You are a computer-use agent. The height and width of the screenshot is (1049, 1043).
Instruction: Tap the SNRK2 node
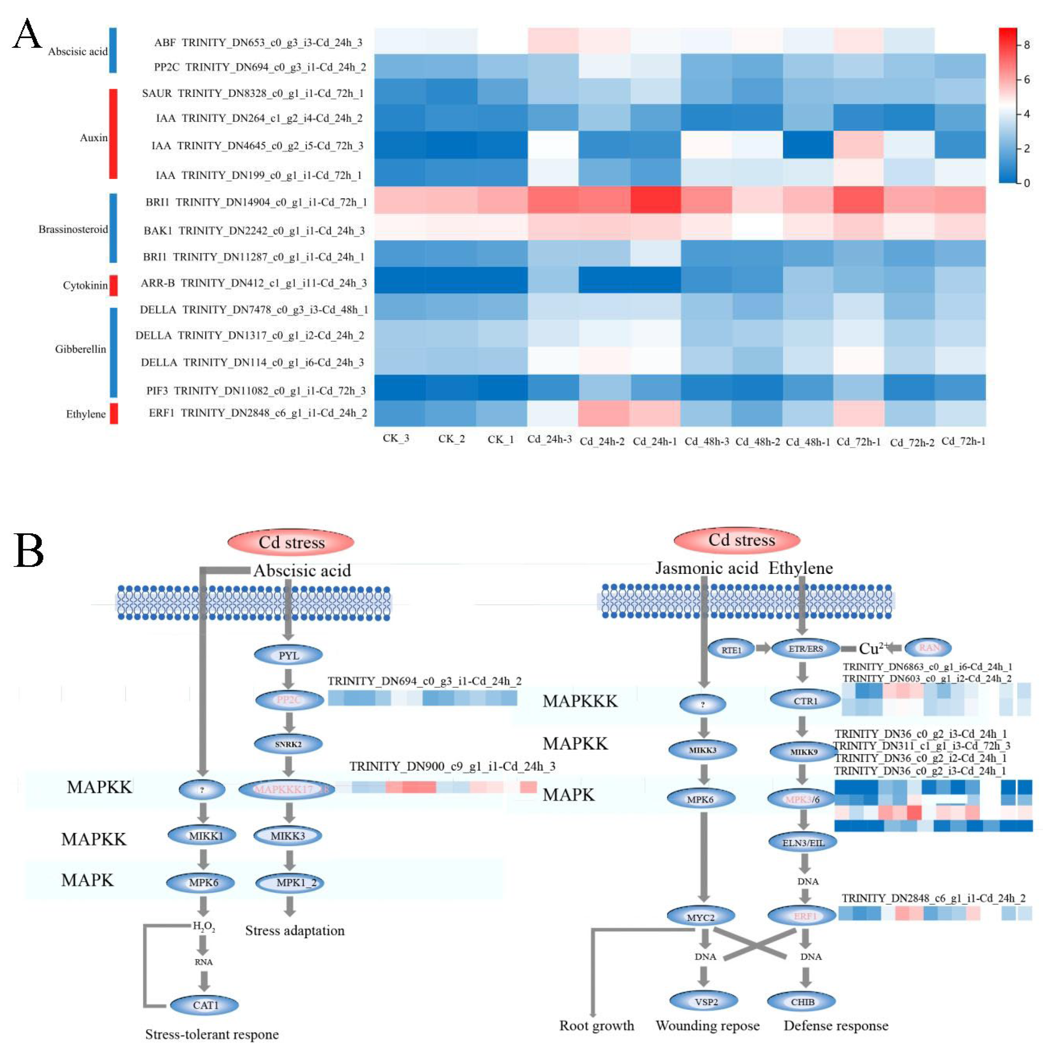[288, 744]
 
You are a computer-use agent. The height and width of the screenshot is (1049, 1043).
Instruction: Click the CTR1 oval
[805, 701]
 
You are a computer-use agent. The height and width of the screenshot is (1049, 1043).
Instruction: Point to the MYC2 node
[701, 917]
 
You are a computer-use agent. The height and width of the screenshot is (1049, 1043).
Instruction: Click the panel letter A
[27, 34]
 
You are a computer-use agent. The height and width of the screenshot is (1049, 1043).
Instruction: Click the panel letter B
[28, 550]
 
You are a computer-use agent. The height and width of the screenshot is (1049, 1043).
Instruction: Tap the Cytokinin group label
[85, 285]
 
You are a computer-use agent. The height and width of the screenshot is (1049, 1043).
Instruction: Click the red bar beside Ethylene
[114, 413]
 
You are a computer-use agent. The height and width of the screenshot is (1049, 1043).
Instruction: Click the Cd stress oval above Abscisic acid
[291, 542]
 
